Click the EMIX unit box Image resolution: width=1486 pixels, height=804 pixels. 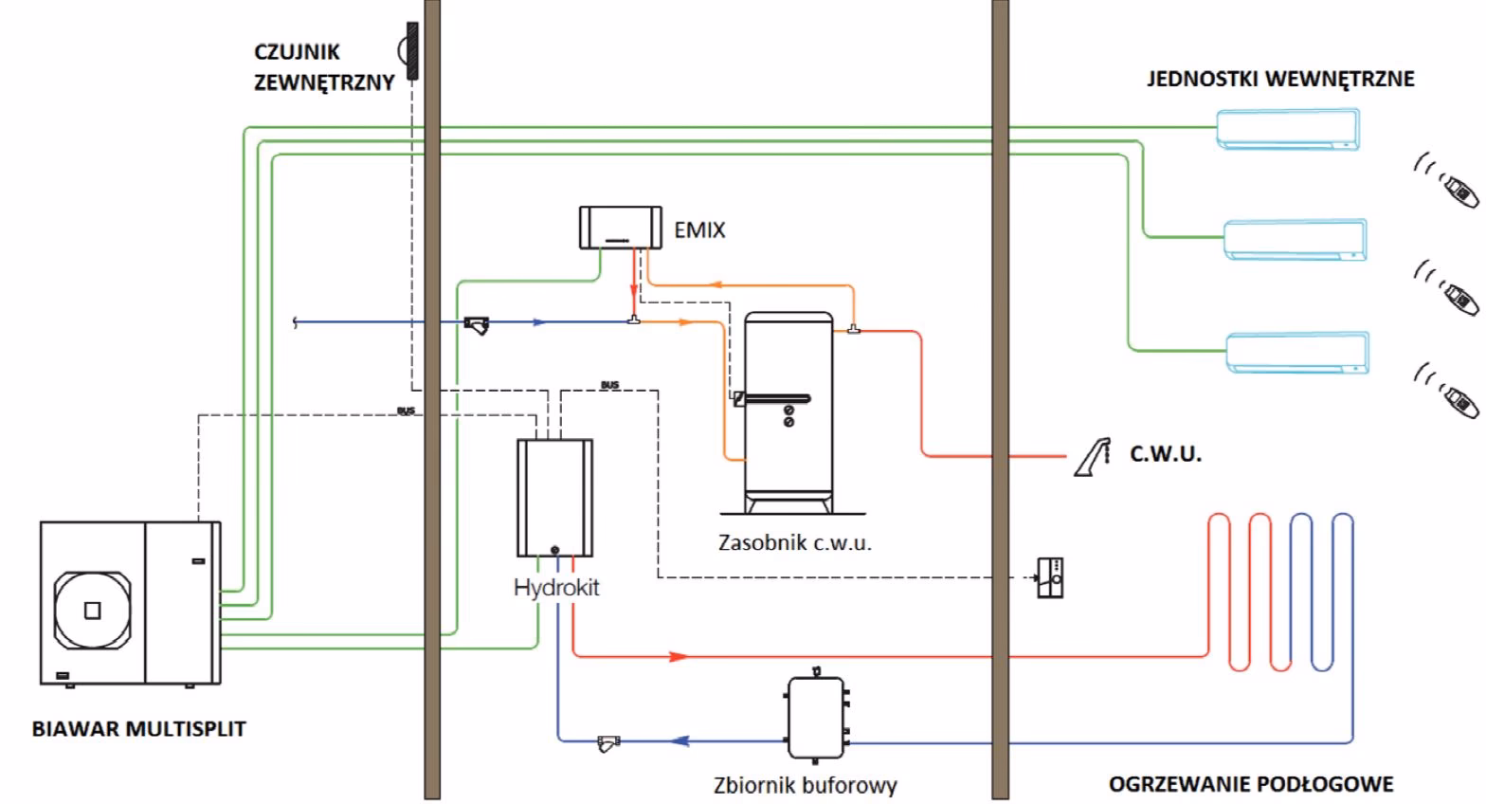(x=620, y=228)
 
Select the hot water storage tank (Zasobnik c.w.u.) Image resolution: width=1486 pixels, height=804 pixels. (x=788, y=403)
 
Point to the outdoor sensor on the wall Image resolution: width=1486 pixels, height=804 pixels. (x=411, y=50)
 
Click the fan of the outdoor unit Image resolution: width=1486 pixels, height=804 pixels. (x=92, y=610)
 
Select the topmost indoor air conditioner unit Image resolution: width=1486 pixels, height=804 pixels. (x=1287, y=129)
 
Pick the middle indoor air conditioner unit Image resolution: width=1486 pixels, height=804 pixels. (x=1295, y=240)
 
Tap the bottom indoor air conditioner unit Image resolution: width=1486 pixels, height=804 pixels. (x=1296, y=352)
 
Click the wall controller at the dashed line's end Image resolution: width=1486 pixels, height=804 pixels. (x=1050, y=577)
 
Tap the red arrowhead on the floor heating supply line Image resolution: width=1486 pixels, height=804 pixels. (x=679, y=655)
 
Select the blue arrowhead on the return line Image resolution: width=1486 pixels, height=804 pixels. (x=679, y=740)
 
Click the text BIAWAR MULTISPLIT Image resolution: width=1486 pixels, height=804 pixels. (x=138, y=729)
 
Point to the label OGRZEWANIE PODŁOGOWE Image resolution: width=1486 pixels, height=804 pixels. (x=1251, y=784)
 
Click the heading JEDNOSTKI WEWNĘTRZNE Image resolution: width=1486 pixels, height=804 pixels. (x=1280, y=79)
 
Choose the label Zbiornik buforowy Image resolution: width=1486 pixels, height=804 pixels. (x=805, y=785)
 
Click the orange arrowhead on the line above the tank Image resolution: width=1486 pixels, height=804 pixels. (x=717, y=283)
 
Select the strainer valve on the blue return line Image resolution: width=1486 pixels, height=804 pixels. (x=607, y=742)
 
